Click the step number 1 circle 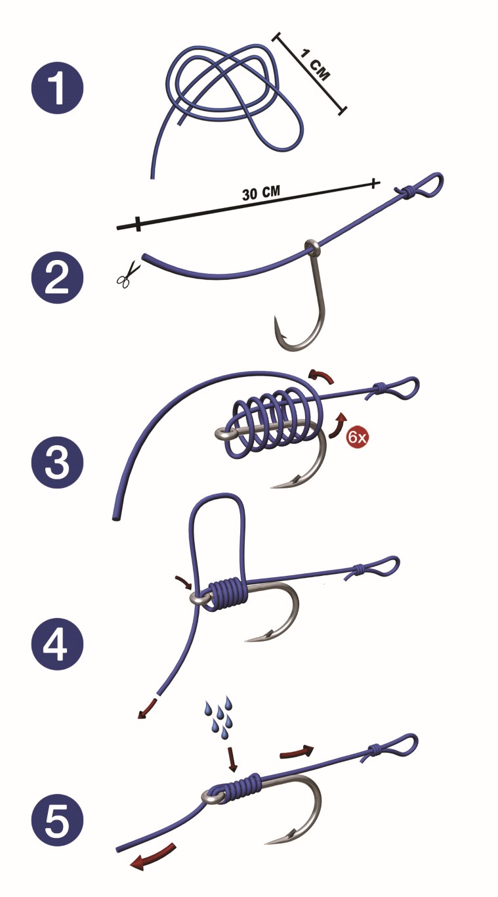coord(57,88)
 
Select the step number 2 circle coord(57,278)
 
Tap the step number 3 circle coord(57,462)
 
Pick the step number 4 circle coord(57,644)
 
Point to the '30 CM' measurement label coord(261,192)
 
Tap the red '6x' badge coord(357,437)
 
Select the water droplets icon coord(218,718)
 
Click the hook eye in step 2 coord(311,248)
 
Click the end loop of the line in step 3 coord(404,387)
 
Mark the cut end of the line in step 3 coord(115,518)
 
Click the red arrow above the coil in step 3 coord(322,376)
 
